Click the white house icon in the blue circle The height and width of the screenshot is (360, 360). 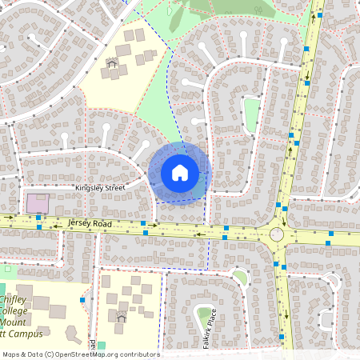pos(180,172)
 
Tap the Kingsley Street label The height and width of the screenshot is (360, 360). pos(99,188)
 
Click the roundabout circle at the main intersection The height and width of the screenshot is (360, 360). pos(277,234)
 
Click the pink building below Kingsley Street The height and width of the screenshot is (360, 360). pos(37,203)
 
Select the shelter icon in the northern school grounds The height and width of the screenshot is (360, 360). pos(112,63)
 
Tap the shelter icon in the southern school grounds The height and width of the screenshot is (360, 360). pos(122,317)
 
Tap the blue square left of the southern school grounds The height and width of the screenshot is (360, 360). pos(82,299)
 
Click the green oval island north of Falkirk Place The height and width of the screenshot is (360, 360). pos(239,278)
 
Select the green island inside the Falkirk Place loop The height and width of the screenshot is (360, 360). pos(205,313)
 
